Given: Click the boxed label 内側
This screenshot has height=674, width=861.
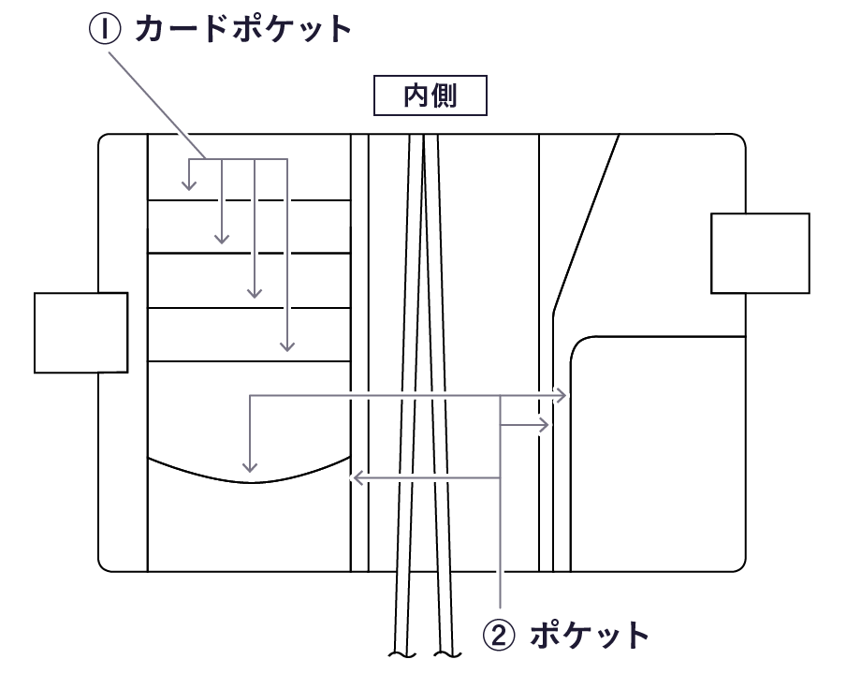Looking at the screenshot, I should pyautogui.click(x=430, y=96).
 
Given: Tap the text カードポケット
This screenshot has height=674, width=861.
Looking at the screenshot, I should pyautogui.click(x=242, y=29).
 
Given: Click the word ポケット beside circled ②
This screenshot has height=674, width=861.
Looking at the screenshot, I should pyautogui.click(x=589, y=636).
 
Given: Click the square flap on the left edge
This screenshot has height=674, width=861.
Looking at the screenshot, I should pyautogui.click(x=80, y=332).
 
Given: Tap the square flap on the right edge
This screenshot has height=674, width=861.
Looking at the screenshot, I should pyautogui.click(x=760, y=254).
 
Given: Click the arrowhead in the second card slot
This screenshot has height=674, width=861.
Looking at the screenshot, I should pyautogui.click(x=222, y=240).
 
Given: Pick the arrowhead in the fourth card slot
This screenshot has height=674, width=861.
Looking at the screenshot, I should pyautogui.click(x=287, y=347).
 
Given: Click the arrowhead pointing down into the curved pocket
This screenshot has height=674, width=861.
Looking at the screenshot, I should pyautogui.click(x=249, y=467).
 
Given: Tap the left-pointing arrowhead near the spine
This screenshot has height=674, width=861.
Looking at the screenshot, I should pyautogui.click(x=355, y=478).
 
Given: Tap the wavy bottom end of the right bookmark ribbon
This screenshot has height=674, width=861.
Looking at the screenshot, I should pyautogui.click(x=446, y=652).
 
